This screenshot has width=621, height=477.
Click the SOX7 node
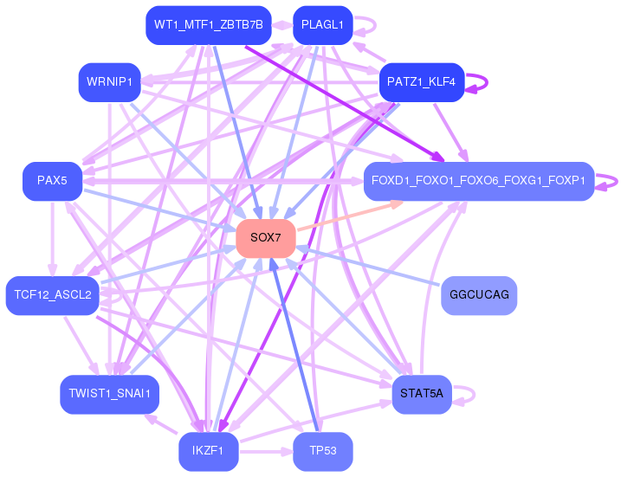pyautogui.click(x=266, y=237)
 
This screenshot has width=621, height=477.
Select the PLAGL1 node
pyautogui.click(x=322, y=25)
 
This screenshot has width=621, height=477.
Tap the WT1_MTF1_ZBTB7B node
pyautogui.click(x=209, y=25)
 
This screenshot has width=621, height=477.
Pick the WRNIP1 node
pyautogui.click(x=109, y=82)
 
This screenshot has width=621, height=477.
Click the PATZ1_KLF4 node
pyautogui.click(x=422, y=82)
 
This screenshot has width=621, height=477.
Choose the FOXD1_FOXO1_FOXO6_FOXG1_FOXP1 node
pyautogui.click(x=478, y=181)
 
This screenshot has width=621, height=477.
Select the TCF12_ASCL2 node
pyautogui.click(x=53, y=295)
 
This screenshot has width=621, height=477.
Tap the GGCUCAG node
pyautogui.click(x=479, y=295)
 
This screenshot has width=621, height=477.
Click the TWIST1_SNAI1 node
pyautogui.click(x=109, y=394)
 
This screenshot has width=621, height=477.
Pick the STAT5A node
pyautogui.click(x=422, y=394)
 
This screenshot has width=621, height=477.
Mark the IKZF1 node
pyautogui.click(x=209, y=451)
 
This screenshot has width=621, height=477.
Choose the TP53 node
pyautogui.click(x=322, y=451)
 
